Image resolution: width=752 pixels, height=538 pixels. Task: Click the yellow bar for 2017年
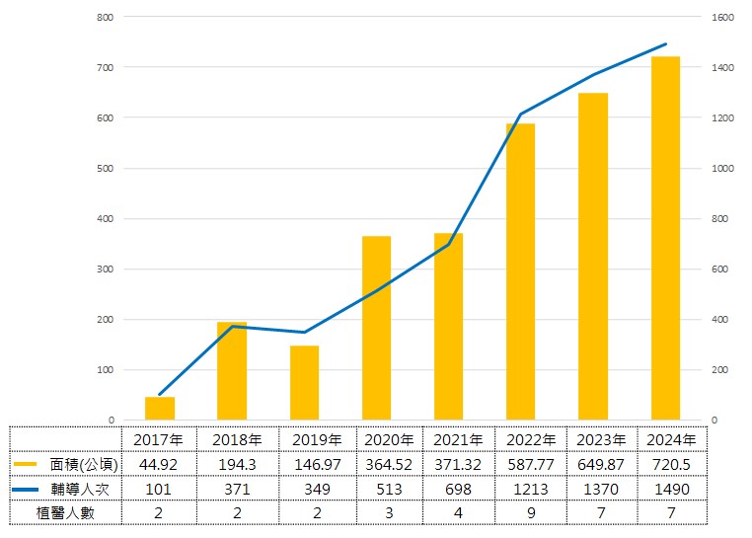(x=160, y=409)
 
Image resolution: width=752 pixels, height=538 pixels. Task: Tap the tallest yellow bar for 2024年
(x=665, y=238)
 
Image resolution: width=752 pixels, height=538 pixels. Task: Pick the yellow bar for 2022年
(x=521, y=271)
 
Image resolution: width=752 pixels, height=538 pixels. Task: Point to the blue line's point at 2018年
(x=232, y=327)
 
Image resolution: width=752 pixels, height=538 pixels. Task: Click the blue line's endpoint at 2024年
(x=666, y=44)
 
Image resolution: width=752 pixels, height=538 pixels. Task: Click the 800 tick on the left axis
(x=106, y=18)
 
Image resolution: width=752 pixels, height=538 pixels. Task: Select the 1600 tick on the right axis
(x=722, y=18)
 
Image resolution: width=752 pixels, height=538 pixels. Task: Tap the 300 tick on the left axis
(x=106, y=269)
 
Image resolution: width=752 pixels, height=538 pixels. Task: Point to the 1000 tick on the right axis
(x=722, y=169)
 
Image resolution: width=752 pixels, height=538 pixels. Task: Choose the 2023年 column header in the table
(x=600, y=439)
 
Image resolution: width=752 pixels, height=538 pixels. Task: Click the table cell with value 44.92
(x=160, y=464)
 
